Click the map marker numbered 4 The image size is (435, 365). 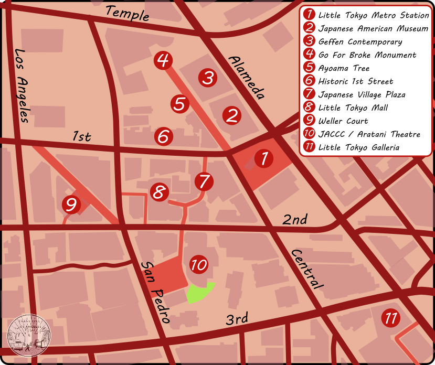pos(163,60)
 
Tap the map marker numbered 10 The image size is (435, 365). pos(199,265)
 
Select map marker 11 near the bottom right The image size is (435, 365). pos(390,318)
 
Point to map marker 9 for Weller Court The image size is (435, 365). pos(71,204)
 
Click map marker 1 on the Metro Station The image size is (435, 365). pos(264,158)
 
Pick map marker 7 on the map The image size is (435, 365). pos(204,181)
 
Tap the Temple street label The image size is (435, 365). pos(127,13)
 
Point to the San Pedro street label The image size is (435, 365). pos(156,292)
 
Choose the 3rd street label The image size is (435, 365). pos(237,319)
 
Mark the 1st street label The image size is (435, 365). pos(81,137)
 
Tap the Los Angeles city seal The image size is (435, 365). pos(29,336)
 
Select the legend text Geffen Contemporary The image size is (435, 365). pos(360,42)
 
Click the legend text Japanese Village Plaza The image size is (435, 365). pos(362,94)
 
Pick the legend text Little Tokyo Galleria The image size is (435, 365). pos(358,147)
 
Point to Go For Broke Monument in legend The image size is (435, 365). pos(367,55)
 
